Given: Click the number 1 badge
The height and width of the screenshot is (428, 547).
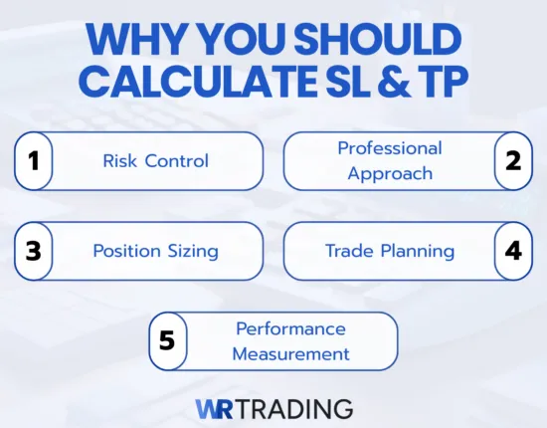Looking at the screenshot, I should (x=33, y=161).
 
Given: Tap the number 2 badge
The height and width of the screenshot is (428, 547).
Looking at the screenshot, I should (x=513, y=160).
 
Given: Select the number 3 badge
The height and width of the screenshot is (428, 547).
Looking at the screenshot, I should (x=33, y=250).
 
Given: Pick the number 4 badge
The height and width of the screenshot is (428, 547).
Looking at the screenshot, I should (x=513, y=250).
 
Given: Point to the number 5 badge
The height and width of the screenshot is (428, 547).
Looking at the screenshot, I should (x=167, y=340).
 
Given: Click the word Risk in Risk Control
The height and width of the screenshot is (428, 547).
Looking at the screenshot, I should (x=119, y=160).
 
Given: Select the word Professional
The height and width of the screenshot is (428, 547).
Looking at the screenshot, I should (x=389, y=148).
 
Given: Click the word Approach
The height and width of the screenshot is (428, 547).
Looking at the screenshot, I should (x=390, y=172).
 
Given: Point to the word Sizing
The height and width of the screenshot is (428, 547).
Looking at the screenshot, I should (x=188, y=250).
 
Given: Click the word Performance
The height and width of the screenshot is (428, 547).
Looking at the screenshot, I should (x=290, y=328).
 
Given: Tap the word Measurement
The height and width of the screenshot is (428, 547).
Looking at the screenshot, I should (x=290, y=352).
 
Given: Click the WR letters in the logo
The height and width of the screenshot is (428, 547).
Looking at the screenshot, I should (x=214, y=408).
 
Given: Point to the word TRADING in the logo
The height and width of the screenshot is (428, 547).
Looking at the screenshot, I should (x=293, y=408).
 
